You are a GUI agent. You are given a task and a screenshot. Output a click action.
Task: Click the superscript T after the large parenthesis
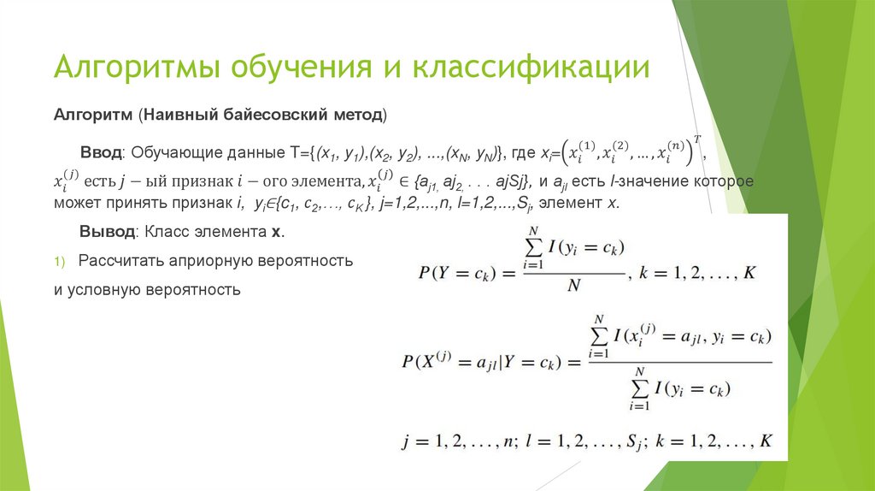[697, 139]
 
